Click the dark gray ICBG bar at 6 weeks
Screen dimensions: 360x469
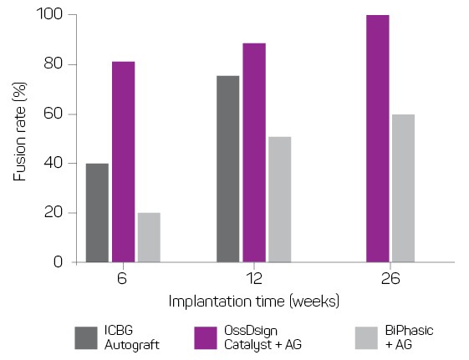97,212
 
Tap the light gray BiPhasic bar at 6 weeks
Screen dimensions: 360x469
148,237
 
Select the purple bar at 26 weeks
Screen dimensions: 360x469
377,138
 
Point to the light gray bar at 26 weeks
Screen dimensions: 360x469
403,188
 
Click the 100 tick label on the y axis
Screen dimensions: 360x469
52,15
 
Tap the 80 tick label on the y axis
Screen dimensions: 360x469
55,64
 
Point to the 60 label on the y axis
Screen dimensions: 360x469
55,114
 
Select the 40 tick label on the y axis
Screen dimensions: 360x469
55,163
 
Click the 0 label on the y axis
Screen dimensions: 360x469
59,262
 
